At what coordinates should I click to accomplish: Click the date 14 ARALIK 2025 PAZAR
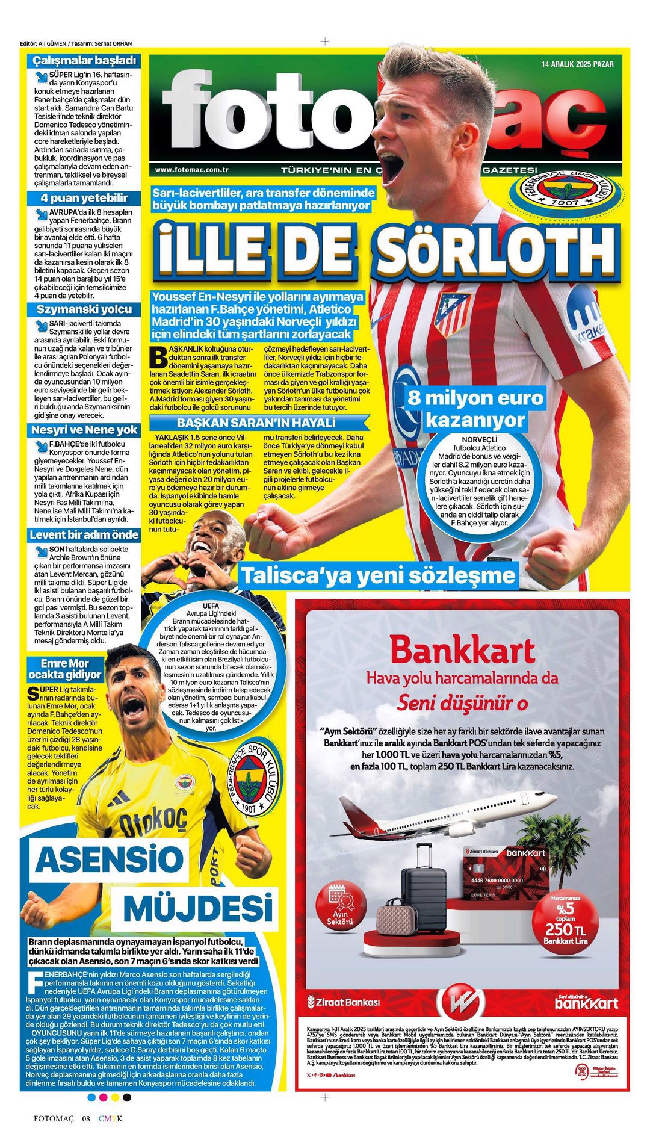(577, 64)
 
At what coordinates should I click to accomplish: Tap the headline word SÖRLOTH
(496, 249)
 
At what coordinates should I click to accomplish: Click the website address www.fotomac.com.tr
(191, 170)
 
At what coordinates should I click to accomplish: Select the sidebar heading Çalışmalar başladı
(85, 60)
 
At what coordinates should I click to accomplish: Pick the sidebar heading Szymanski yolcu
(84, 309)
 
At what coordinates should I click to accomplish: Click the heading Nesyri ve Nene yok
(84, 430)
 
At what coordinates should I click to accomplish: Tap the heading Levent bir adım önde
(84, 534)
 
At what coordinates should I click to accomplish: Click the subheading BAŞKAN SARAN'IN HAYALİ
(256, 423)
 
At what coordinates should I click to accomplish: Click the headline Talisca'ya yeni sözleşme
(379, 575)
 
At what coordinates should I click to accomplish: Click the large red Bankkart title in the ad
(462, 650)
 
